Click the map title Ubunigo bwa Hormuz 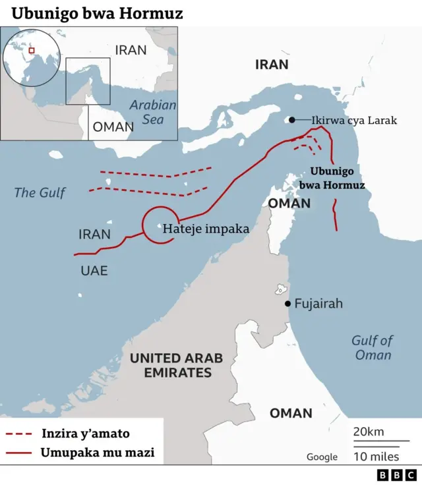pyautogui.click(x=97, y=13)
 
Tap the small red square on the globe pyautogui.click(x=30, y=50)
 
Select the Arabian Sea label pyautogui.click(x=153, y=112)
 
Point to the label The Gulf pyautogui.click(x=40, y=192)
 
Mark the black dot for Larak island pyautogui.click(x=291, y=120)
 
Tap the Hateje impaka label pyautogui.click(x=206, y=229)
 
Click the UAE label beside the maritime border pyautogui.click(x=94, y=270)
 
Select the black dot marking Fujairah pyautogui.click(x=287, y=304)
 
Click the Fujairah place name pyautogui.click(x=318, y=304)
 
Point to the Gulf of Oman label pyautogui.click(x=372, y=347)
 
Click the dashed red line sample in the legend pyautogui.click(x=18, y=434)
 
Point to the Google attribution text pyautogui.click(x=322, y=457)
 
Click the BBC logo pyautogui.click(x=396, y=474)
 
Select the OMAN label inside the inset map pyautogui.click(x=113, y=127)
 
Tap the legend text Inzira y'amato pyautogui.click(x=85, y=434)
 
